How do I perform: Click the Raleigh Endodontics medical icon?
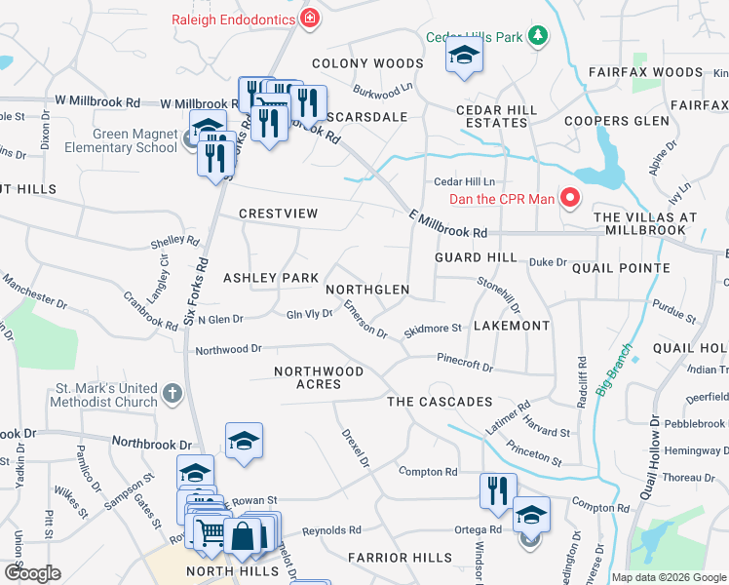click(x=310, y=18)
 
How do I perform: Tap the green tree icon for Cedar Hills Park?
click(x=537, y=37)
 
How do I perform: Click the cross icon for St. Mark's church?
click(x=172, y=394)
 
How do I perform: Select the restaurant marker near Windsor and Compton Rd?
click(x=498, y=492)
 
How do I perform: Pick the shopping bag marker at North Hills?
click(x=242, y=535)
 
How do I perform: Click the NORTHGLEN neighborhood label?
click(x=367, y=291)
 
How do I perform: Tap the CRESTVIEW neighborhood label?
click(x=279, y=213)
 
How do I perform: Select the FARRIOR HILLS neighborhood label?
click(x=400, y=558)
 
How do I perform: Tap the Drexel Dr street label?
click(x=355, y=448)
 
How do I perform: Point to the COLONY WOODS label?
click(x=367, y=63)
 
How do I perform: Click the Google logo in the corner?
click(x=32, y=573)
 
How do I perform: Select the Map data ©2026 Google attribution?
click(x=669, y=577)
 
